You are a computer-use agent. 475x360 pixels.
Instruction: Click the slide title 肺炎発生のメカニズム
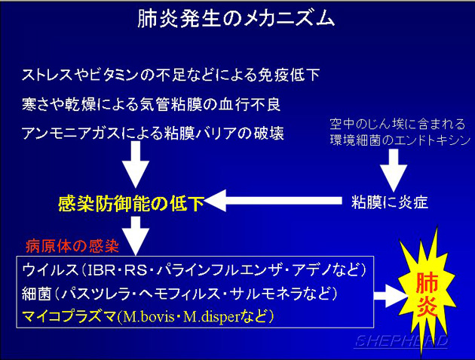tap(236, 19)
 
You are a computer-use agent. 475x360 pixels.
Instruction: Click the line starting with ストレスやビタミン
tap(171, 75)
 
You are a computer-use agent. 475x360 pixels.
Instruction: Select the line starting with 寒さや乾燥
tap(151, 104)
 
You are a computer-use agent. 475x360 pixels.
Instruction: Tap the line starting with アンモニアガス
tap(153, 134)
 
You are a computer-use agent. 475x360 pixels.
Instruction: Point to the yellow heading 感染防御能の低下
tap(131, 203)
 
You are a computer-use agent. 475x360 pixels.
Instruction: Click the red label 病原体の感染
tap(72, 246)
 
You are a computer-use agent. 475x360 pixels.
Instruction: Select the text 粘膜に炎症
tap(390, 202)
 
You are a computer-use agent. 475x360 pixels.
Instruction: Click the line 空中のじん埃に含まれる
tap(397, 125)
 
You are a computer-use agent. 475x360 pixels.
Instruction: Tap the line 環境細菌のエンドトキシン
tap(400, 140)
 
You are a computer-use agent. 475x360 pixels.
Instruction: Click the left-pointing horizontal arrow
tap(273, 201)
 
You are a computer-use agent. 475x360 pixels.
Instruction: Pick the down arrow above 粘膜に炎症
tap(394, 170)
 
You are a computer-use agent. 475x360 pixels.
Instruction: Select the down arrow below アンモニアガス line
tap(136, 165)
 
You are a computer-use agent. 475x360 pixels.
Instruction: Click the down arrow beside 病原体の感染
tap(136, 235)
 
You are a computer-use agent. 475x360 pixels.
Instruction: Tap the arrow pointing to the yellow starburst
tap(391, 296)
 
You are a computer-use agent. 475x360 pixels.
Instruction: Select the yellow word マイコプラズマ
tap(69, 316)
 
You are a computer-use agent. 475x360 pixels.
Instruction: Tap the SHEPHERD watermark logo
tap(401, 341)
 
